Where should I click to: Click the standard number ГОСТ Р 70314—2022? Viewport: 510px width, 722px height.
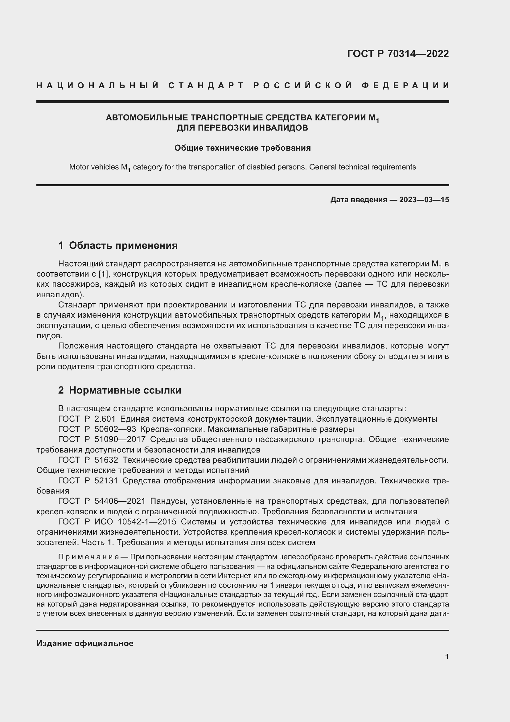point(398,54)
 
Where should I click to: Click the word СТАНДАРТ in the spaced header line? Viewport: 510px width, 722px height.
point(206,86)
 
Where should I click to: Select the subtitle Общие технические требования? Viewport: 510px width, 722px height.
point(242,148)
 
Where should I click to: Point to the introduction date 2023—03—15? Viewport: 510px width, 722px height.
point(424,200)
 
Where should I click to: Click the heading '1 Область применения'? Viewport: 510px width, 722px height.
point(118,245)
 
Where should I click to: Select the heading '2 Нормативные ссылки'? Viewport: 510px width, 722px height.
point(120,390)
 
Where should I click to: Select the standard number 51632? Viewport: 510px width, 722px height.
point(106,460)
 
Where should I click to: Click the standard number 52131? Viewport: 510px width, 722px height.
point(106,481)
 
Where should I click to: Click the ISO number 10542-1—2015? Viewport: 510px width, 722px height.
point(147,522)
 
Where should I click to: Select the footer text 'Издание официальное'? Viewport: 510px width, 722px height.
point(85,643)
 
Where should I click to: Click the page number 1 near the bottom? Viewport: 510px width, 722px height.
point(446,657)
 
